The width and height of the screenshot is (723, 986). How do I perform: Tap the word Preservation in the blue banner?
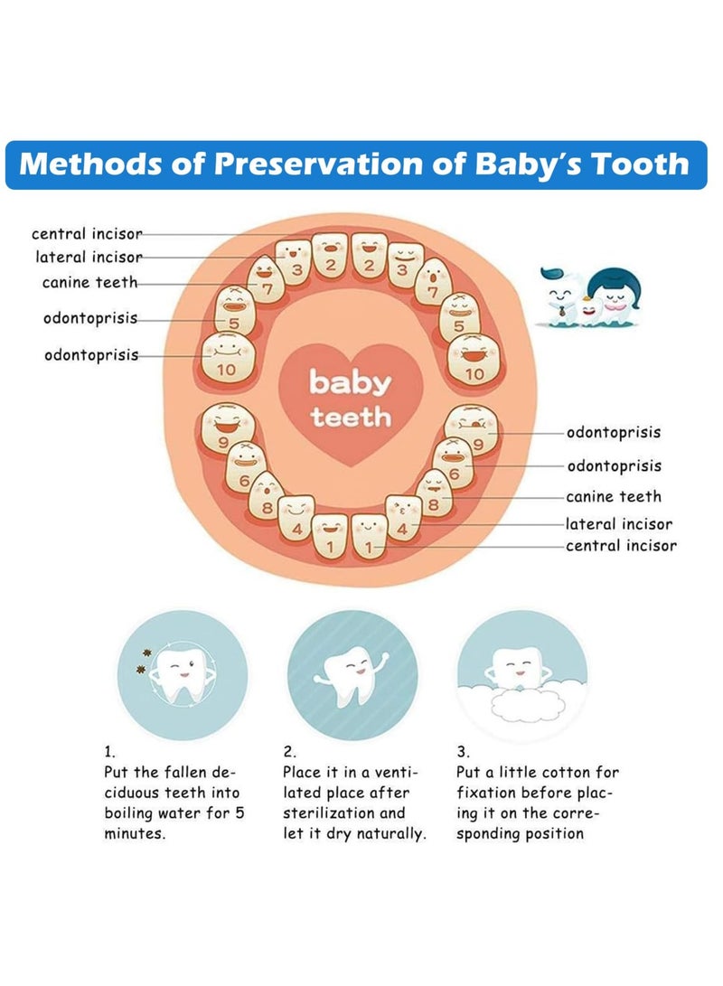coord(319,164)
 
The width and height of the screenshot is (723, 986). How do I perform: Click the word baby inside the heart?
coord(350,383)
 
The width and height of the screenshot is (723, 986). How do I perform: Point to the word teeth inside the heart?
coord(350,417)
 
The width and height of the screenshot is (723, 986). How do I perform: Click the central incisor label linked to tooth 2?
coord(88,234)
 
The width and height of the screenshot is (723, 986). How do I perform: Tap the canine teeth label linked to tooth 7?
coord(89,282)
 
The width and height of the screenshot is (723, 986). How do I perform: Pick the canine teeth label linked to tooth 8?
coord(614,496)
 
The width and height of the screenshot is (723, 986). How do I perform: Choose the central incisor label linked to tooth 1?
coord(621,545)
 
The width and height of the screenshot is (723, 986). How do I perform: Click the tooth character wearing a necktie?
coord(561,297)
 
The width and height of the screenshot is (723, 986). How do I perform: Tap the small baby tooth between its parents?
coord(589,311)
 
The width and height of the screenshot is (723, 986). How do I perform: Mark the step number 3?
coord(463,751)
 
